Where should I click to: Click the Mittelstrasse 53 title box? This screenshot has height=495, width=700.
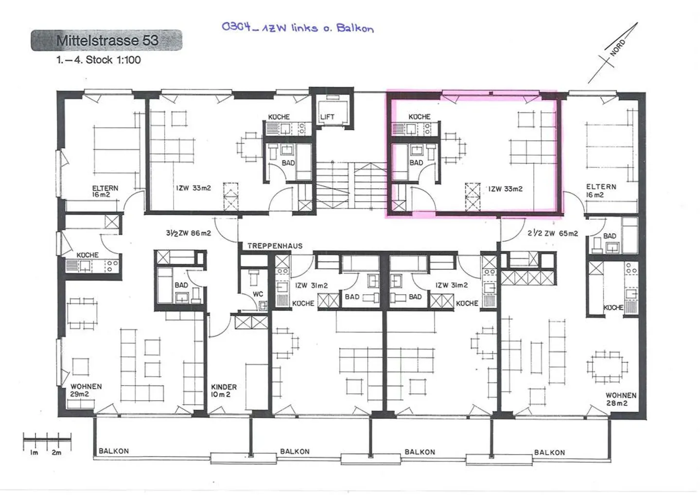(106, 40)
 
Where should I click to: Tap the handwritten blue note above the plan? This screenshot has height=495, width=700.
(298, 28)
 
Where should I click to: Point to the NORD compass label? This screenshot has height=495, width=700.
(617, 48)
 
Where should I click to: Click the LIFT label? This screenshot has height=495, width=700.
(327, 117)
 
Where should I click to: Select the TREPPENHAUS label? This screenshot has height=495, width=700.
(275, 246)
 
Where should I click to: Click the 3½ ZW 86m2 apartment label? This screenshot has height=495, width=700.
(189, 233)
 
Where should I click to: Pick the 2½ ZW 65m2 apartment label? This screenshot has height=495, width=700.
(553, 233)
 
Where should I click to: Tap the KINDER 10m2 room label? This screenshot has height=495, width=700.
(224, 390)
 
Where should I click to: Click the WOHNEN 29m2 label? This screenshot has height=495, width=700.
(86, 390)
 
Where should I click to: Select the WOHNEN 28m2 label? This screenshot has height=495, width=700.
(621, 399)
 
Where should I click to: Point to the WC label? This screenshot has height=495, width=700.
(258, 294)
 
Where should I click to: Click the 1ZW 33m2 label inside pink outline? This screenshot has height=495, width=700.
(506, 189)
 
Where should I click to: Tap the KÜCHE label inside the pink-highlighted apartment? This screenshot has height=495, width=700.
(420, 117)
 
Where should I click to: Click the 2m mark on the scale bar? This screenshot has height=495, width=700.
(56, 453)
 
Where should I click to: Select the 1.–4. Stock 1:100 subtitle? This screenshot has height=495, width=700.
(98, 60)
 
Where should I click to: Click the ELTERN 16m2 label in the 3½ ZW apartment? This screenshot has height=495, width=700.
(105, 191)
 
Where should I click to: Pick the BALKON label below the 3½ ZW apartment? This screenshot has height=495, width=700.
(114, 451)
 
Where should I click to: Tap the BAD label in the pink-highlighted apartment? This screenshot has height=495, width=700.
(416, 162)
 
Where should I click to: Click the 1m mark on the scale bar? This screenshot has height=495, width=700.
(35, 453)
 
